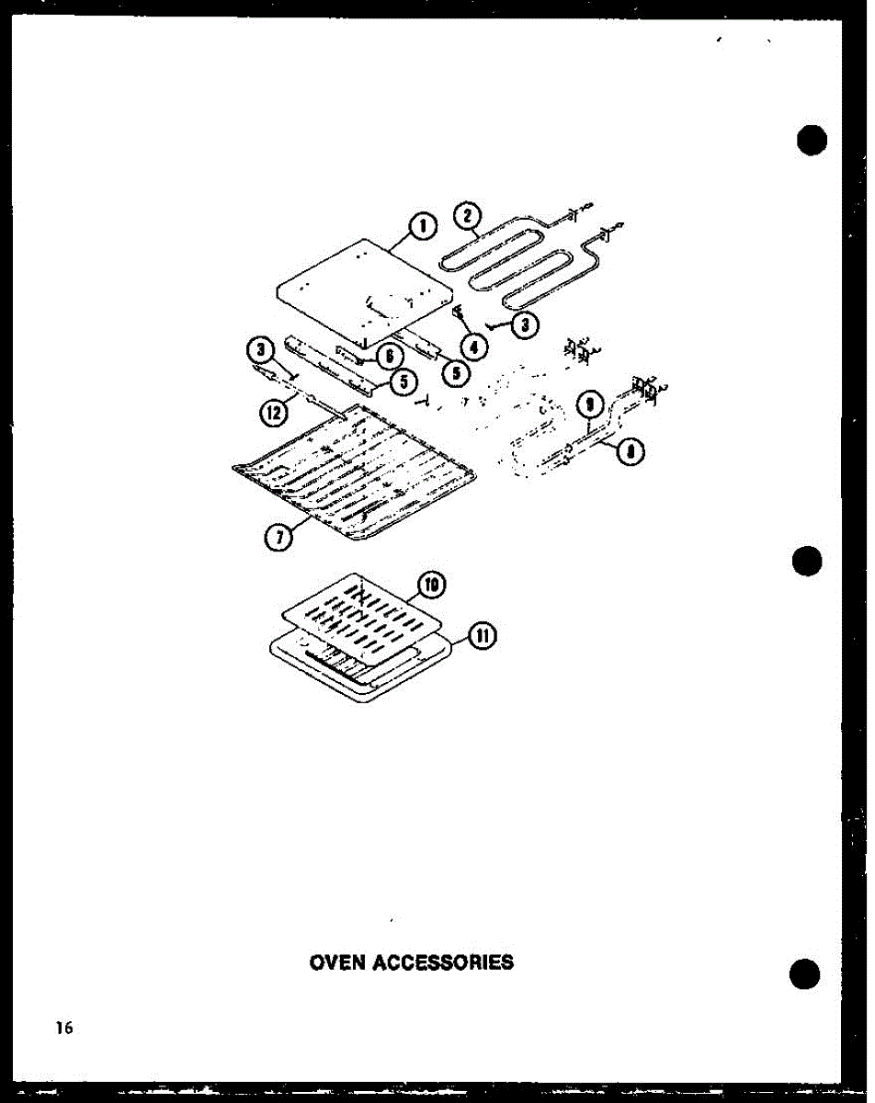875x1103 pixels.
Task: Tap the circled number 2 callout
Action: [467, 217]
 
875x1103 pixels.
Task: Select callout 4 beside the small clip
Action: [474, 347]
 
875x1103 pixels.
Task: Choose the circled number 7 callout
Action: [278, 539]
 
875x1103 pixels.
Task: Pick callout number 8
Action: [631, 451]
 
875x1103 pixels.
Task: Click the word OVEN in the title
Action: [338, 962]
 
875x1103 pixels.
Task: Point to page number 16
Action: [62, 1028]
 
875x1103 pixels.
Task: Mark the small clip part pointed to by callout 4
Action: [457, 314]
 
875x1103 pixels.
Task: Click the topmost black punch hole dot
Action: [812, 141]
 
